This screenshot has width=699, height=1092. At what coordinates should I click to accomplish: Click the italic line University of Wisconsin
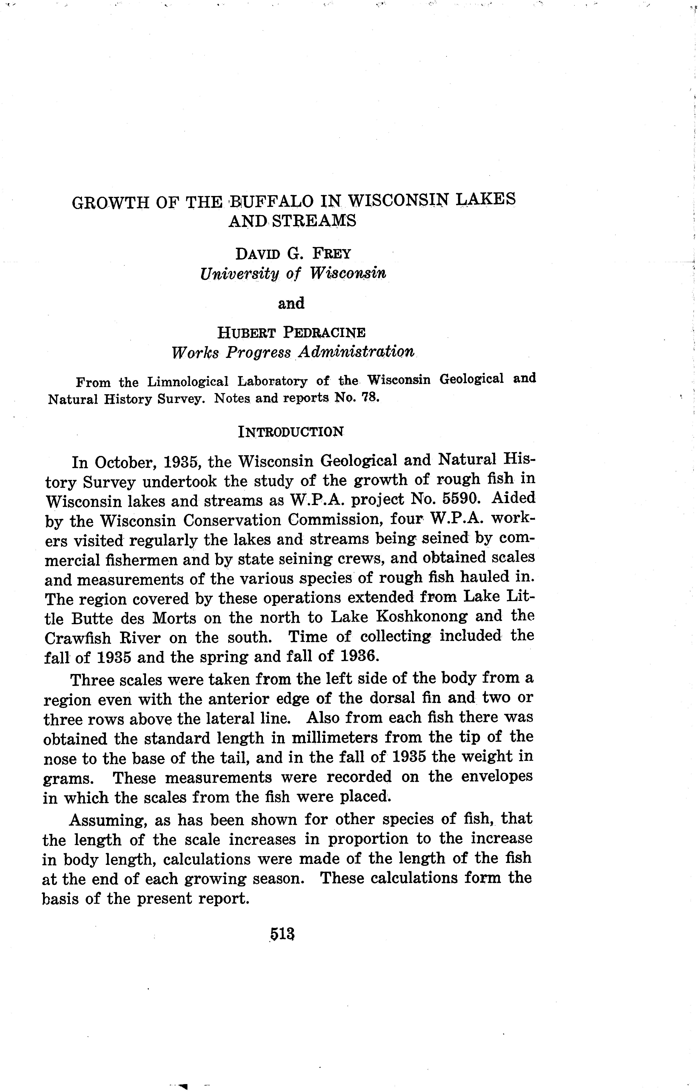pos(293,274)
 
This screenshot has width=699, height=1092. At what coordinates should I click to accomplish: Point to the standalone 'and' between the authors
pos(291,303)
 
